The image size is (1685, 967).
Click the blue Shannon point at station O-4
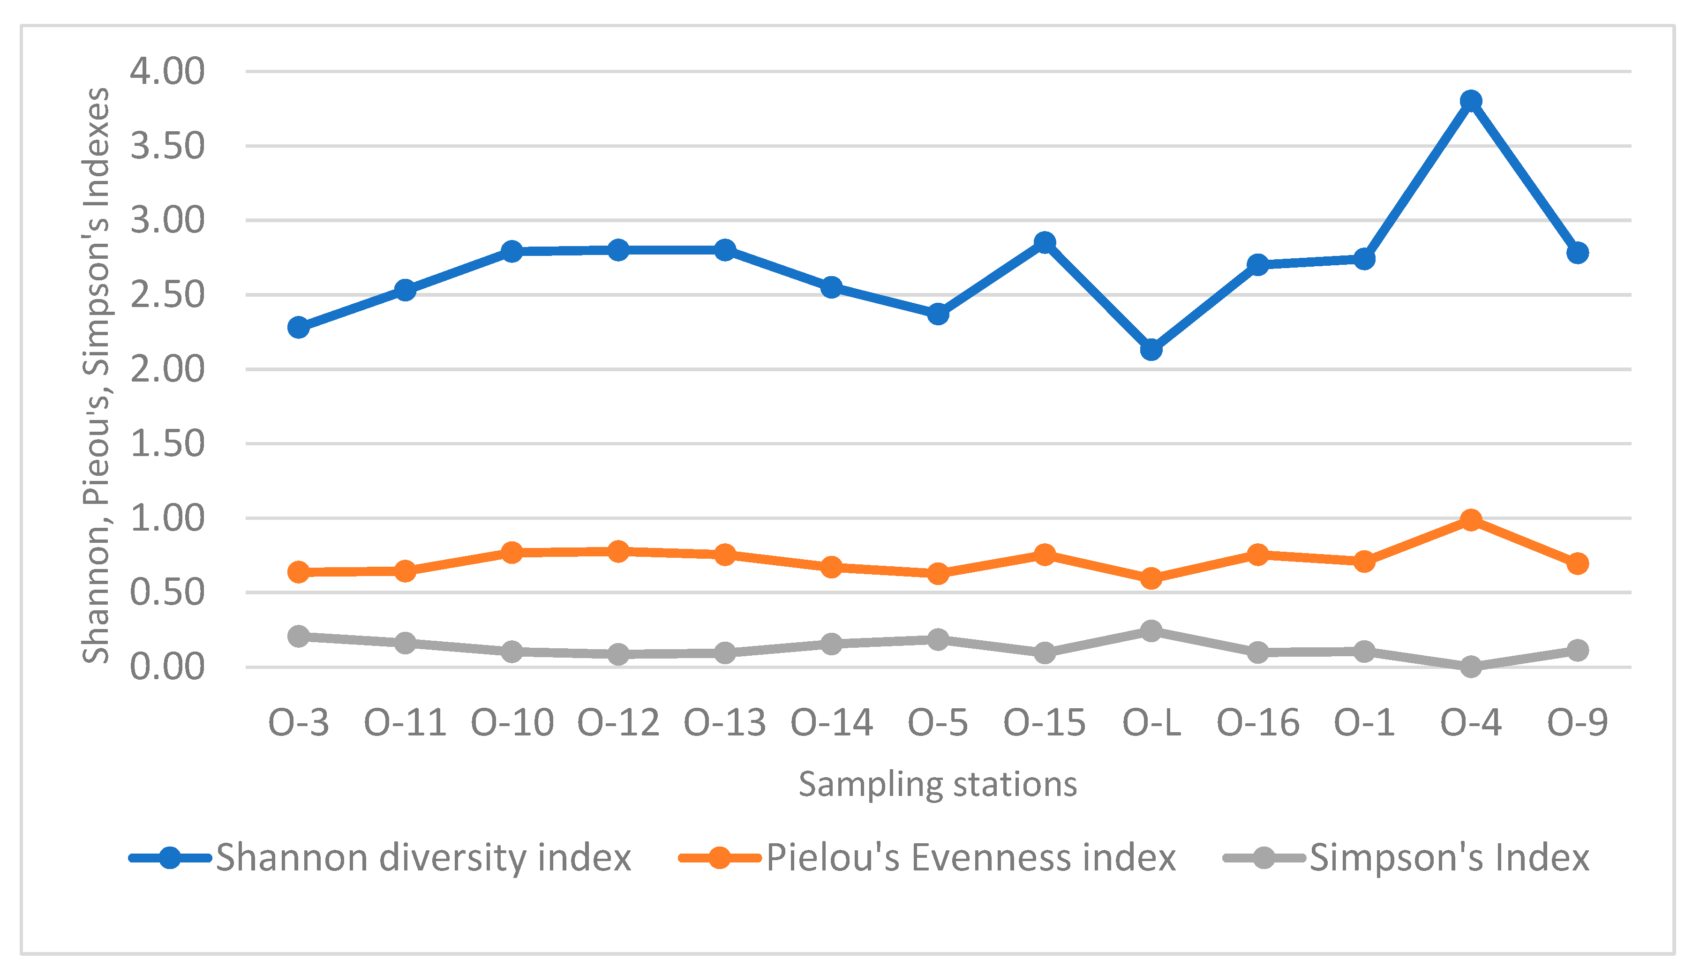pos(1470,101)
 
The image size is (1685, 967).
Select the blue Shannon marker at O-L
pos(1151,349)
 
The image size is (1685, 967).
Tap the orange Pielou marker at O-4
pos(1470,519)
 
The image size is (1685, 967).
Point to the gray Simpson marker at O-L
pos(1151,631)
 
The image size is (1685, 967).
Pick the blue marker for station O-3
pos(299,328)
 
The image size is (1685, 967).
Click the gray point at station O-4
pos(1470,666)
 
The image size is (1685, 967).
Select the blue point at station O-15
pos(1045,242)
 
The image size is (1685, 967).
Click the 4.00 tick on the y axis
pos(167,71)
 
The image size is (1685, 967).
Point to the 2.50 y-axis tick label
pos(167,295)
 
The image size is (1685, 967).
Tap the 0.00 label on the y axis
pos(167,667)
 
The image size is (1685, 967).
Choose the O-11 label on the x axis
pos(405,723)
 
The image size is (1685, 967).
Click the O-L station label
pos(1151,723)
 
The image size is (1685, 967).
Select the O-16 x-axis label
pos(1258,723)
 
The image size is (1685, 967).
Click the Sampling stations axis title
pos(937,784)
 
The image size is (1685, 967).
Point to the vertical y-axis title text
pos(96,375)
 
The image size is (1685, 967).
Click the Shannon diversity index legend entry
pos(422,857)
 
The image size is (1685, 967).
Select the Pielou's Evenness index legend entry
pos(970,857)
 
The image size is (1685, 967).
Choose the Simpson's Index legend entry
pos(1449,857)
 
